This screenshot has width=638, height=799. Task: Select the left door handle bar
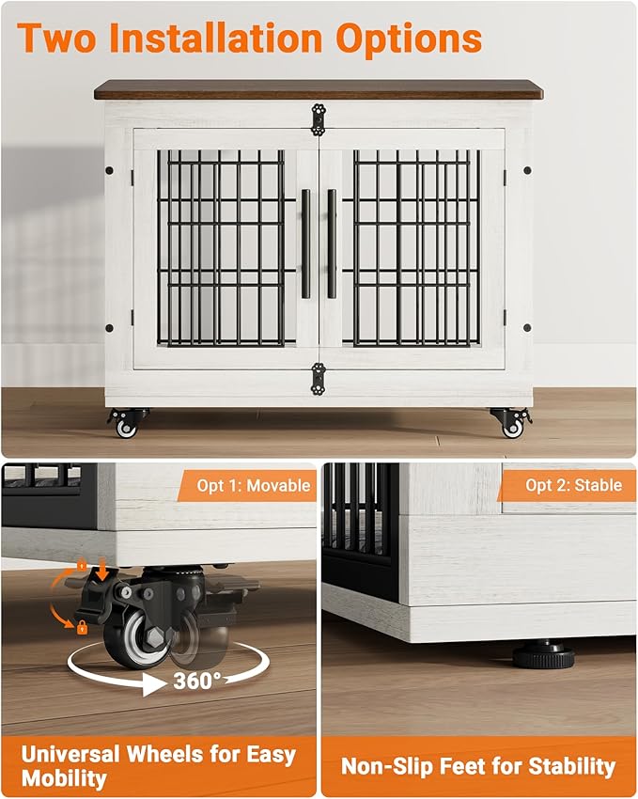tap(305, 243)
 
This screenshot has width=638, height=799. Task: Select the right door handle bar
tap(332, 243)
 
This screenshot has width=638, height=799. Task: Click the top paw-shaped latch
tap(319, 118)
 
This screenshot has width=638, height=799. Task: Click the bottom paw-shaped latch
tap(319, 380)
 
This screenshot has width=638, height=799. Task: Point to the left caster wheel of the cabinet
tap(126, 426)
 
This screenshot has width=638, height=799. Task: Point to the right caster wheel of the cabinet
tap(511, 426)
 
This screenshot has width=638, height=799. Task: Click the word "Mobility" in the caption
tap(62, 778)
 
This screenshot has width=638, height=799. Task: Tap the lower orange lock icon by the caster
tap(82, 626)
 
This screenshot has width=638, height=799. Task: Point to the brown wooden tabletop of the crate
tap(318, 89)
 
